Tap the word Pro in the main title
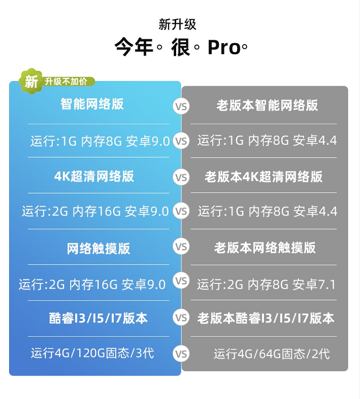224,48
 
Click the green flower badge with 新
31,81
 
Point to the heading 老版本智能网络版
267,106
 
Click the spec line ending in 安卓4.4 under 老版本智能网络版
267,141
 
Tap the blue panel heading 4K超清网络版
94,176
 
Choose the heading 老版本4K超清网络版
264,176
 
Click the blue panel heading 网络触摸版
98,248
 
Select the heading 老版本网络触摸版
264,247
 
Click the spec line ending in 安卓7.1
266,284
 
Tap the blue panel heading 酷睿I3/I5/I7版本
98,318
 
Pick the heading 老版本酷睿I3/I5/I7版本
265,318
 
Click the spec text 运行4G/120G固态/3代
93,353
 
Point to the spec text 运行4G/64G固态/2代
272,354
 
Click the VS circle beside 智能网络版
181,106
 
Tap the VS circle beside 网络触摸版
181,247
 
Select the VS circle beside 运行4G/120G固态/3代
181,354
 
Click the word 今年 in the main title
133,48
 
